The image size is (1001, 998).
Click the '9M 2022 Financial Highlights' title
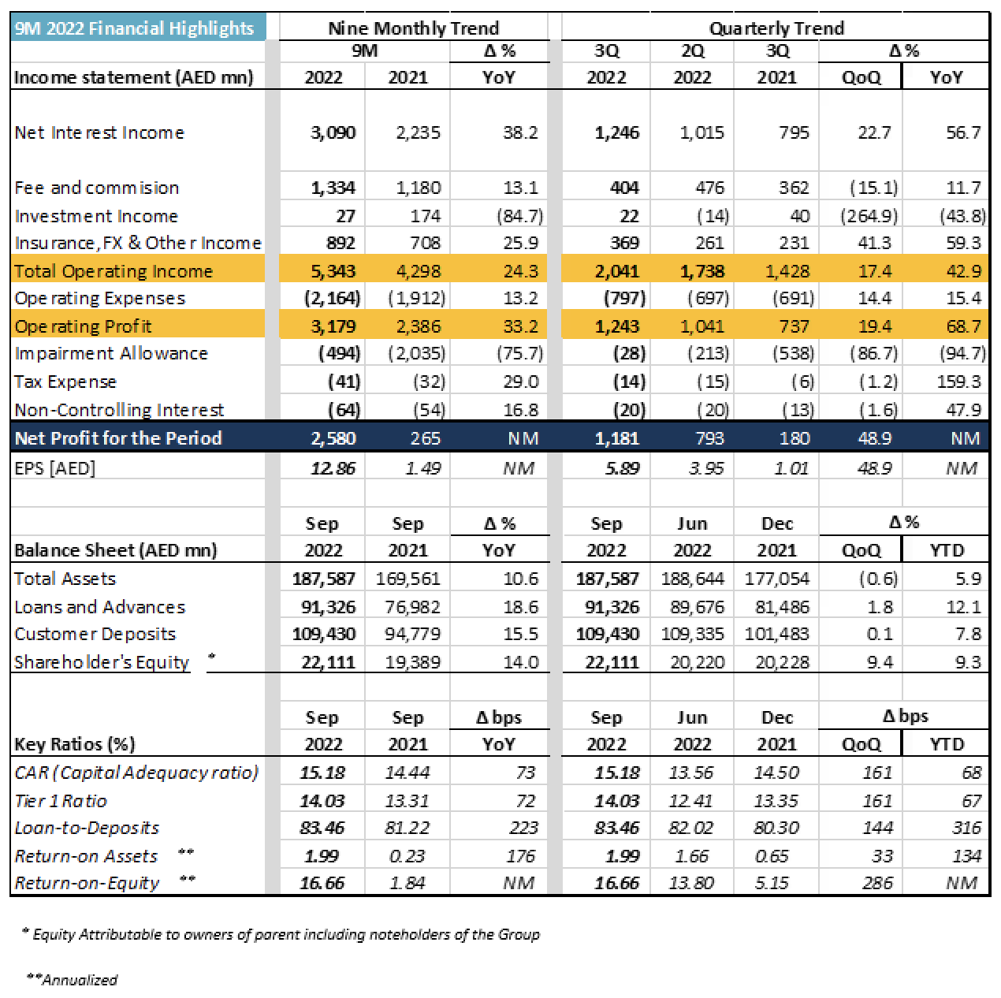tap(134, 28)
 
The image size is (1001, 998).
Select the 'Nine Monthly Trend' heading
tap(414, 28)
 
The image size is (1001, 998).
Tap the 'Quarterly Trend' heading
tap(776, 28)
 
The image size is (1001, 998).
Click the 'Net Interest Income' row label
tap(99, 132)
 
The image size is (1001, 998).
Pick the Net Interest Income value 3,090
tap(333, 132)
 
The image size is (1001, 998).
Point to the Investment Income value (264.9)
tap(869, 216)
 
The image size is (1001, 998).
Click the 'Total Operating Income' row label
tap(113, 271)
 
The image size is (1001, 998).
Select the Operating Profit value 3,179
tap(333, 326)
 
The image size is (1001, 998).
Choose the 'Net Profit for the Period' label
tap(118, 438)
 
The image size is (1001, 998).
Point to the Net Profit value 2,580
tap(333, 438)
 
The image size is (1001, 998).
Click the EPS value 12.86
tap(333, 468)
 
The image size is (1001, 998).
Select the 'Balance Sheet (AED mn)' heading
tap(116, 550)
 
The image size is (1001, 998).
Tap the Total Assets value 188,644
tap(693, 579)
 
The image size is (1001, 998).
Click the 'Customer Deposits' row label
tap(95, 634)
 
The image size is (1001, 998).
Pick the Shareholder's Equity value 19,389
tap(412, 662)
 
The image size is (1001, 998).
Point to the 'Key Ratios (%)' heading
tap(75, 744)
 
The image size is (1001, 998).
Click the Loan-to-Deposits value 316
tap(966, 828)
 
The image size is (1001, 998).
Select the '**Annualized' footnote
tap(73, 980)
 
